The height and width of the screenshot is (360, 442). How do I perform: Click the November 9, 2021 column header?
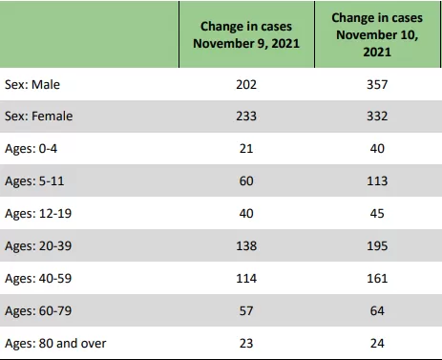pos(246,34)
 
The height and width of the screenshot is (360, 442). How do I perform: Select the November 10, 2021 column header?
pos(377,34)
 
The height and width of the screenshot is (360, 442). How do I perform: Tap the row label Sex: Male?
pos(32,85)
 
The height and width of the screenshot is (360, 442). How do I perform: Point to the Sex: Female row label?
pos(38,116)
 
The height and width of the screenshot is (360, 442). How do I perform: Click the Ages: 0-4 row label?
pos(31,149)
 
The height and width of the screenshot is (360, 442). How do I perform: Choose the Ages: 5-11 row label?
pos(34,181)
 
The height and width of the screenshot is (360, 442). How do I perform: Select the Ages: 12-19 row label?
pos(38,214)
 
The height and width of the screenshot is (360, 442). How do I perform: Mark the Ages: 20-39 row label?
pos(38,246)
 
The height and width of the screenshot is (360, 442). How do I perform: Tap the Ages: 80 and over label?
pos(55,344)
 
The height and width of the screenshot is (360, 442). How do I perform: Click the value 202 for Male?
pos(246,85)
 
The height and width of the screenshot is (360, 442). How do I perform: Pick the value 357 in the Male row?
pos(377,85)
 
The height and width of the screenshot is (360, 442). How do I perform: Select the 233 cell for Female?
pos(246,116)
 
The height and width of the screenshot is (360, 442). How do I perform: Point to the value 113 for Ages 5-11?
pos(377,181)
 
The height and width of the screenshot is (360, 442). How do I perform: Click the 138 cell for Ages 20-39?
pos(246,246)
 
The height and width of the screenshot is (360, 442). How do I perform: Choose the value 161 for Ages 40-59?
pos(377,279)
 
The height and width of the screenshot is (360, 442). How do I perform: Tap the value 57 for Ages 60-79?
pos(246,311)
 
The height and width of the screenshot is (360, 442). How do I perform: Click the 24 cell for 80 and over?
pos(377,344)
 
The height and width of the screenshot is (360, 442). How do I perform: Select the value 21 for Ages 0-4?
pos(246,149)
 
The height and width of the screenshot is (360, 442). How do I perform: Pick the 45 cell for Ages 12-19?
pos(377,214)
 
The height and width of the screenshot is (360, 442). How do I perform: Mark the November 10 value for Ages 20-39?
pos(377,246)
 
